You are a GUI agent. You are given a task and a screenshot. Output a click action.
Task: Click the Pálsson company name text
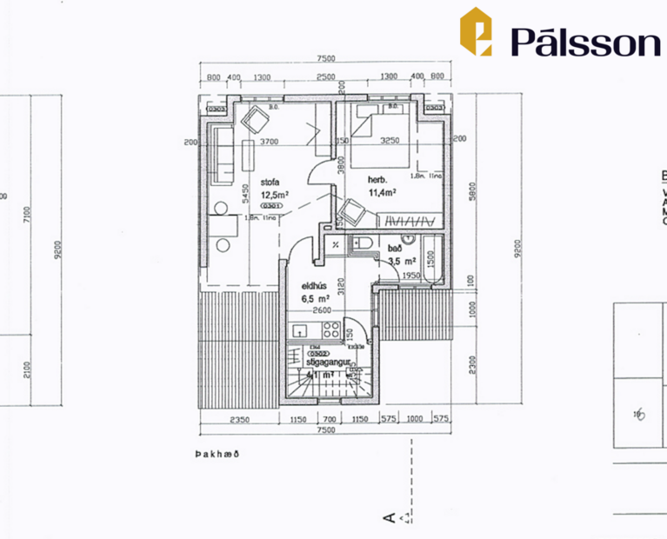(x=584, y=40)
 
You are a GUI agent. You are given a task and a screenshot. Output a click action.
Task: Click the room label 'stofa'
(x=270, y=183)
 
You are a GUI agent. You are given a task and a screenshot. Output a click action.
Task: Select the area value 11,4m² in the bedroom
(x=382, y=192)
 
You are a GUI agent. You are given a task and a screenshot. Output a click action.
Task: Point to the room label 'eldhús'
(x=313, y=284)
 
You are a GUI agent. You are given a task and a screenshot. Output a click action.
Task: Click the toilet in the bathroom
(x=363, y=244)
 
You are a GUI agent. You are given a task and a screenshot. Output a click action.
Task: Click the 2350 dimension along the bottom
(x=240, y=420)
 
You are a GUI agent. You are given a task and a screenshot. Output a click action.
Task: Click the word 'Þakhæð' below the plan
(x=217, y=454)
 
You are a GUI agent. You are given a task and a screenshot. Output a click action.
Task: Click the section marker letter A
(x=390, y=519)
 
